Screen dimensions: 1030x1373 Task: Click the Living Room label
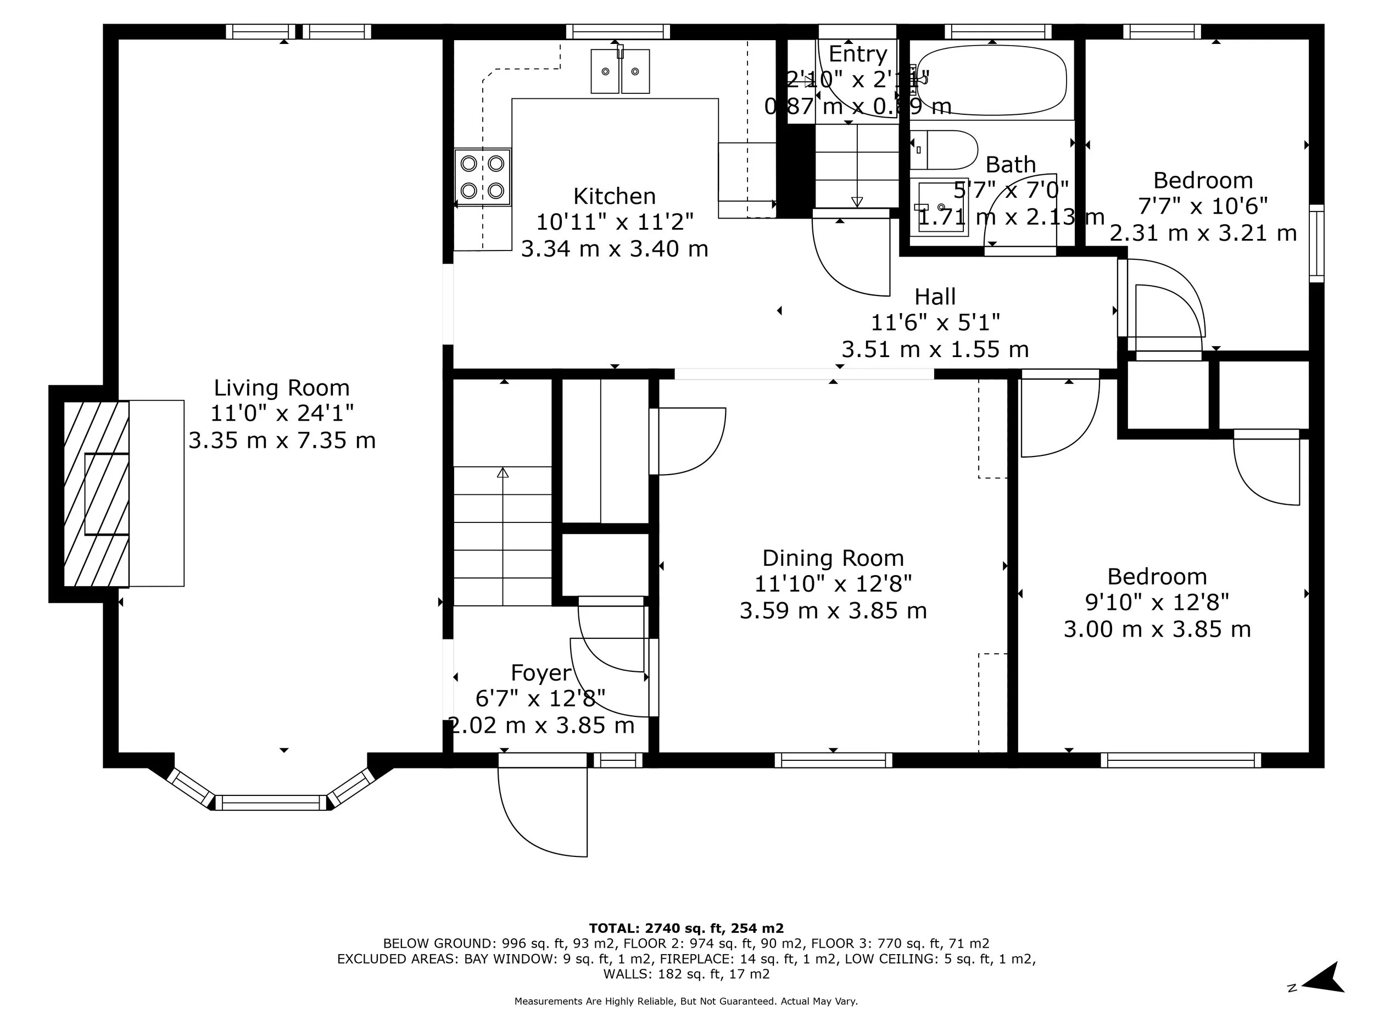(282, 388)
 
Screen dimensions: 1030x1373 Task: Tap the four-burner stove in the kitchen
(482, 176)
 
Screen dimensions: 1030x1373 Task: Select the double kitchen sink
(619, 71)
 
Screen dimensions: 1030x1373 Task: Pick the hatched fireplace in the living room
(97, 494)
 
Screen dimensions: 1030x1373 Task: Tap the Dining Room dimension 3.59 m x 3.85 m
(833, 611)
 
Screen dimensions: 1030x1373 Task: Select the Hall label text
(935, 297)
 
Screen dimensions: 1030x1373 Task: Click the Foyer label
(540, 673)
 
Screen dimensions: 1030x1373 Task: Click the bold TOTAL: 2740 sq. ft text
(686, 928)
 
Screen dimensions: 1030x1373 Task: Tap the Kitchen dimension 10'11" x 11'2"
(615, 221)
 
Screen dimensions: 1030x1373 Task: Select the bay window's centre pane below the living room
(271, 803)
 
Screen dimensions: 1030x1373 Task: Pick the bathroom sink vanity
(942, 207)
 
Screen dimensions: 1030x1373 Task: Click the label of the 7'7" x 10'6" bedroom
(1203, 181)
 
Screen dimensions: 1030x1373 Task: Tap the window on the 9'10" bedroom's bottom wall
(1181, 760)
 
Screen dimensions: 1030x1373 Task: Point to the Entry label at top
(858, 54)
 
